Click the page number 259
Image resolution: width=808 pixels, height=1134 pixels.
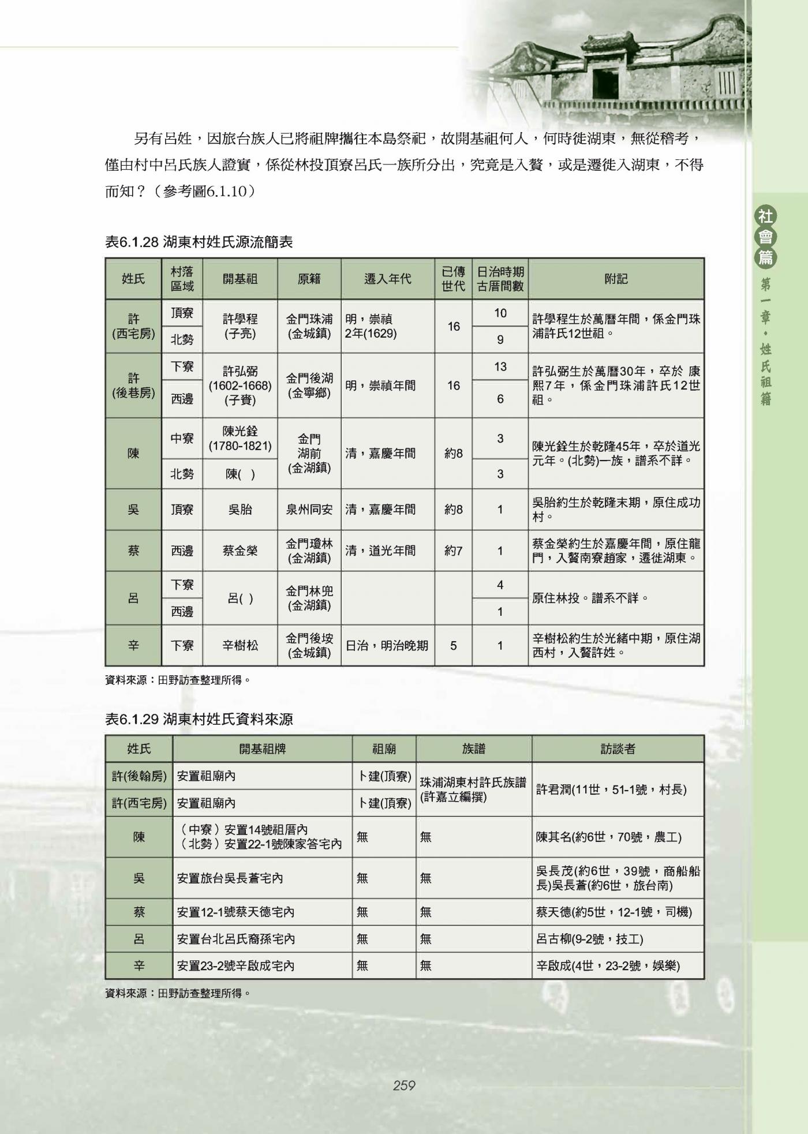pos(404,1086)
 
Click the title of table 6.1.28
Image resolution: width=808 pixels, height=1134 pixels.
pos(199,242)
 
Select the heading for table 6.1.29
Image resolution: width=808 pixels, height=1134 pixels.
pos(199,719)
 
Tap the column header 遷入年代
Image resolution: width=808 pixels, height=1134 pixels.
pos(387,279)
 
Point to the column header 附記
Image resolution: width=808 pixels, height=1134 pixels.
pos(616,279)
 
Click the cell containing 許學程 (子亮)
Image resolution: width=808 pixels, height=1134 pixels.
pos(240,326)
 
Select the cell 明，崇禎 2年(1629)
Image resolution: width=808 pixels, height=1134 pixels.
pos(387,326)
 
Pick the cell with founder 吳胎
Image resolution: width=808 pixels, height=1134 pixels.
pos(240,510)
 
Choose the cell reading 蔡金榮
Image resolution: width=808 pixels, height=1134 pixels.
pos(240,551)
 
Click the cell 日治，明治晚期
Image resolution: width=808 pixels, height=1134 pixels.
pos(387,645)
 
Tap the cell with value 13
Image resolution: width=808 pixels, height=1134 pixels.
pos(500,366)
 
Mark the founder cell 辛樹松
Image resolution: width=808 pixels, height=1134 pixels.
pos(240,645)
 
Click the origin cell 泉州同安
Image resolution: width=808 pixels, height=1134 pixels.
pos(309,510)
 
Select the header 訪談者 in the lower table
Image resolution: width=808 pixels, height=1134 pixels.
pos(618,749)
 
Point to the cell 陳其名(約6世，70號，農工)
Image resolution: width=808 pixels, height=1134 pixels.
pos(608,837)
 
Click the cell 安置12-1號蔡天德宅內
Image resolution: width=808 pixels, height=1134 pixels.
pos(236,912)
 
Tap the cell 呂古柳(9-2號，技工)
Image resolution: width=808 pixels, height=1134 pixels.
pos(589,939)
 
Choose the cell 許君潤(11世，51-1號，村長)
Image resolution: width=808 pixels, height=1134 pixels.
pos(611,789)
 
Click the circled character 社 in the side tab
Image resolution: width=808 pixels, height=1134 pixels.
pos(766,217)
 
